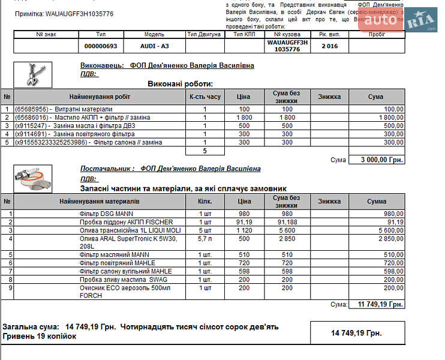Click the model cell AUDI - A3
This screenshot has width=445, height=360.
[154, 46]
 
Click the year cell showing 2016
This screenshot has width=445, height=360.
[329, 46]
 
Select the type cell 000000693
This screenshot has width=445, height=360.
[101, 46]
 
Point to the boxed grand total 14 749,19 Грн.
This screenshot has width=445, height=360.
[357, 332]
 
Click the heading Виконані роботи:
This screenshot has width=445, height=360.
[180, 84]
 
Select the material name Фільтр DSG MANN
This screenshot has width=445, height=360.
[106, 214]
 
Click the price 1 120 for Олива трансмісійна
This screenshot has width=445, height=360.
[243, 230]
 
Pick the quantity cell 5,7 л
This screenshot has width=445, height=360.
[205, 238]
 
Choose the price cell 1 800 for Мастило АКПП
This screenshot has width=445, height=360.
[243, 118]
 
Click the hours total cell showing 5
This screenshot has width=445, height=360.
[205, 151]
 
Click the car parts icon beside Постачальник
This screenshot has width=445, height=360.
[33, 179]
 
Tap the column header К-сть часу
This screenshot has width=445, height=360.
[205, 97]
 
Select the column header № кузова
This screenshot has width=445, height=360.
[287, 34]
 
